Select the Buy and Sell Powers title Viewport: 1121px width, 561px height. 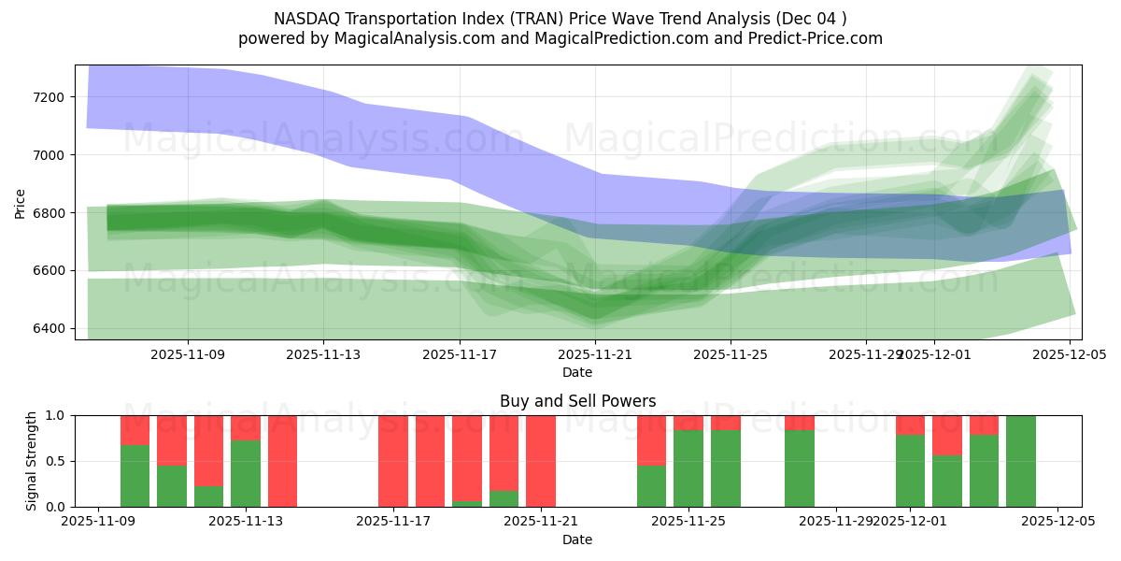point(577,401)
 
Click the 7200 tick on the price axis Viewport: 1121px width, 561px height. point(47,97)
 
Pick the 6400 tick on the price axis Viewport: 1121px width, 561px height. point(47,328)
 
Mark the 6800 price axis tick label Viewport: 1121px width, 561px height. point(47,213)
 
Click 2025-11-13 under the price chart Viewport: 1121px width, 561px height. point(324,355)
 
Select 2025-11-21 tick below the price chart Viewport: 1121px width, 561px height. point(595,355)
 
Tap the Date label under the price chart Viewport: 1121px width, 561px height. point(577,372)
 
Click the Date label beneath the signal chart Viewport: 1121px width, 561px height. point(577,539)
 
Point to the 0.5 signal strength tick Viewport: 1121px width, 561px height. point(56,461)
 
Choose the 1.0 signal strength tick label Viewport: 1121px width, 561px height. point(56,415)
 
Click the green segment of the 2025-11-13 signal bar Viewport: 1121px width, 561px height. point(246,473)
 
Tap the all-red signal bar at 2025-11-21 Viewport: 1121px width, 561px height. point(541,461)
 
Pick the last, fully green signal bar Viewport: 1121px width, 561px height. point(1021,461)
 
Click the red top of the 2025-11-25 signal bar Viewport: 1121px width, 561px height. point(688,422)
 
